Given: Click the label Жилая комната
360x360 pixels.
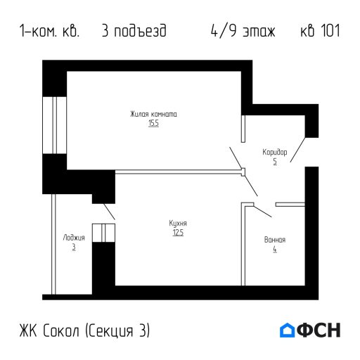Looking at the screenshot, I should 153,114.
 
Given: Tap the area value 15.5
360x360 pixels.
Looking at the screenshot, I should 153,123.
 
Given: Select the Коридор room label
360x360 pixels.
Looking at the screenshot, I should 274,152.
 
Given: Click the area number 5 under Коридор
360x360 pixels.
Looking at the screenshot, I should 274,161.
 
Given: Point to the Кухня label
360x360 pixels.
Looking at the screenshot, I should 177,223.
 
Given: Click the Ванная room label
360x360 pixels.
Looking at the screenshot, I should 274,240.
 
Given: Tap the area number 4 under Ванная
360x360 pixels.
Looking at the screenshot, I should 274,249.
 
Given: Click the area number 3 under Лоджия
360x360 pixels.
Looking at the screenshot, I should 73,247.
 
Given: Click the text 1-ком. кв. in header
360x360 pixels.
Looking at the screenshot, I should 50,32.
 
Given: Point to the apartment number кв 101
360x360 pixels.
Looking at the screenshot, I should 319,32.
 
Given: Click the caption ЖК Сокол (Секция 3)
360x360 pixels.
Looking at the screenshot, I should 85,330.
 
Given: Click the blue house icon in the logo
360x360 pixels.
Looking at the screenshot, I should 288,330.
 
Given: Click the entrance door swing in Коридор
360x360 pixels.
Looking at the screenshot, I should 297,150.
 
